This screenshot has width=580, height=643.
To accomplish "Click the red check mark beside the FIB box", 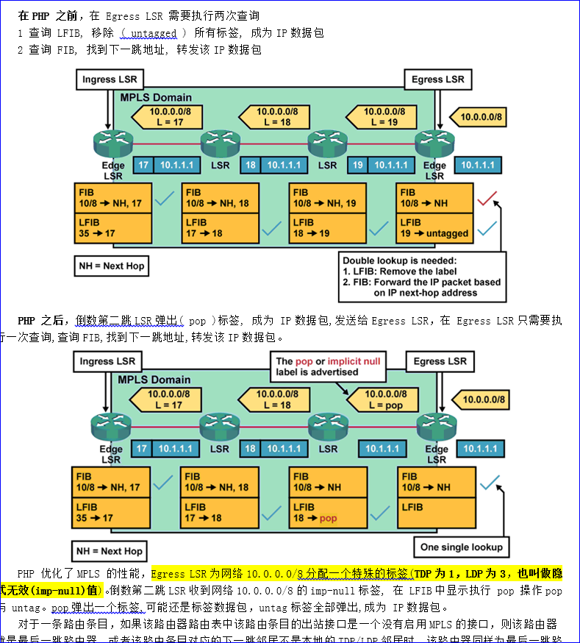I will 487,197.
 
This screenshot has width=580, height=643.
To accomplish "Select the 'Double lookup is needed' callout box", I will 421,277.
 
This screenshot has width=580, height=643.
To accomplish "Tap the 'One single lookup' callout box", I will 461,547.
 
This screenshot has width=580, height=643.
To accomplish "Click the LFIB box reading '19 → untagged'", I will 434,227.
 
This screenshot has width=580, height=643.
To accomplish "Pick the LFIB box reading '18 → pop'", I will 327,512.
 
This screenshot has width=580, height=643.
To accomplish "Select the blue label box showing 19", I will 358,166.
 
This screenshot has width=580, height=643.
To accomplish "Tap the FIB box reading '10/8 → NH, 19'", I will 327,197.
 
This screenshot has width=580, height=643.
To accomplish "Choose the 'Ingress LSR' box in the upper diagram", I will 109,79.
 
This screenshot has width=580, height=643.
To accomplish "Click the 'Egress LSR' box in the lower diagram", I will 440,361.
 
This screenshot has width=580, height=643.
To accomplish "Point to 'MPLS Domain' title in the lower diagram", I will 154,380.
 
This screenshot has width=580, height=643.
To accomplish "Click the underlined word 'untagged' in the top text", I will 153,33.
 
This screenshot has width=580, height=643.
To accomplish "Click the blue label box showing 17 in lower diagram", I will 142,448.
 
